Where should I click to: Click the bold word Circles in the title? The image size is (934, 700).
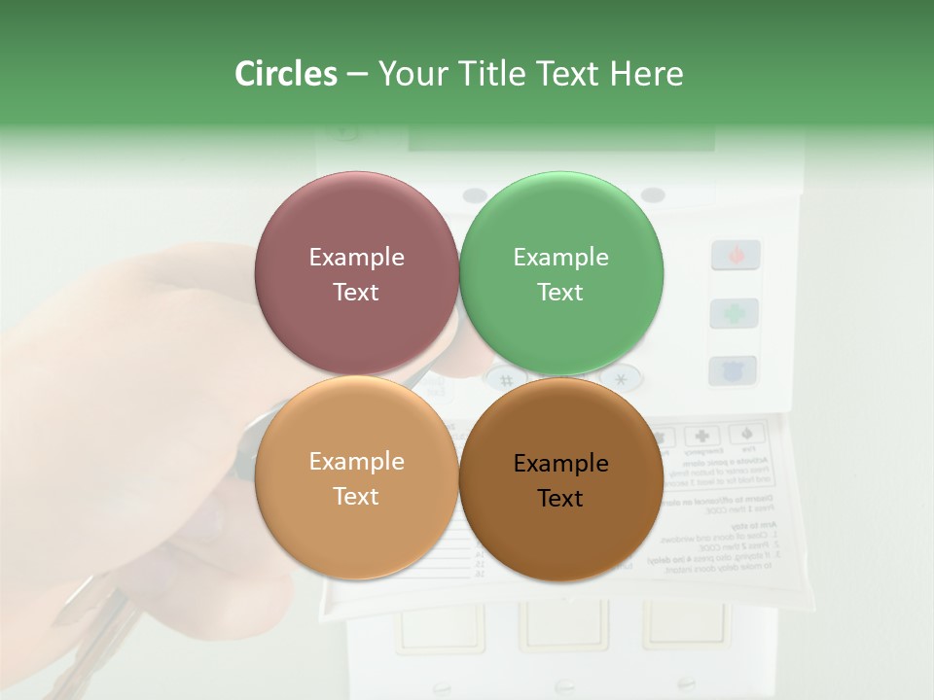pyautogui.click(x=286, y=74)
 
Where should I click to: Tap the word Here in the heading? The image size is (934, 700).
pyautogui.click(x=646, y=74)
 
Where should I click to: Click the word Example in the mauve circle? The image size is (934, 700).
pyautogui.click(x=356, y=258)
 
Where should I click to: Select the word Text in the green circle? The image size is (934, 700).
pyautogui.click(x=560, y=292)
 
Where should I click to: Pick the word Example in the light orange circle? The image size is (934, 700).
pyautogui.click(x=356, y=462)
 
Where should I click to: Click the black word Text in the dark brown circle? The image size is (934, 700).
pyautogui.click(x=560, y=498)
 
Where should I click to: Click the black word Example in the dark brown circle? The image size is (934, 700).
pyautogui.click(x=560, y=464)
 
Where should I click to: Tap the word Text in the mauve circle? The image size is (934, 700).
pyautogui.click(x=356, y=292)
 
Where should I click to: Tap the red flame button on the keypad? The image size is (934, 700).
pyautogui.click(x=735, y=256)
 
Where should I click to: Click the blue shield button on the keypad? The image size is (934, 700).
pyautogui.click(x=734, y=370)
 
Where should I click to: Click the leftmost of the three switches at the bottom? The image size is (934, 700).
pyautogui.click(x=440, y=626)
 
